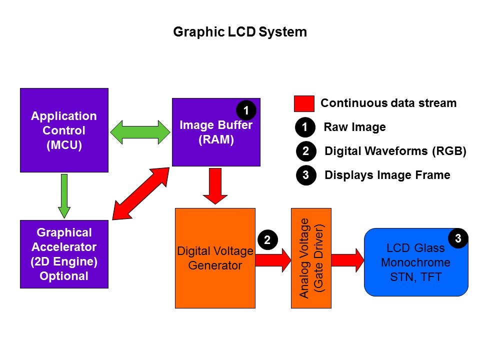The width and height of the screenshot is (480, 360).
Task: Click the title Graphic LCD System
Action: coord(239,32)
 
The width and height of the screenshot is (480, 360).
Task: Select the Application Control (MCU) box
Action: coord(64,130)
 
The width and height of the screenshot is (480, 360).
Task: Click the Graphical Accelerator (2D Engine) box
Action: coord(64,254)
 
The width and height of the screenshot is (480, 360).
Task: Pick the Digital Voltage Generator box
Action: coord(215,258)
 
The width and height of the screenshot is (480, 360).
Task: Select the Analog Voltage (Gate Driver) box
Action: coord(312,258)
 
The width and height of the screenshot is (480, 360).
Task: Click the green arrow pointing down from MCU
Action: coord(64,196)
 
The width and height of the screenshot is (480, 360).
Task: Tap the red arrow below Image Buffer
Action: coord(215,186)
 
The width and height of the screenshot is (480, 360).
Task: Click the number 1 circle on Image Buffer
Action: coord(246,109)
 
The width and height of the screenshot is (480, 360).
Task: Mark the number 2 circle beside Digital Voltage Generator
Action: coord(267,240)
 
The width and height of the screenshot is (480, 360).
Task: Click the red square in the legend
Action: coord(304,104)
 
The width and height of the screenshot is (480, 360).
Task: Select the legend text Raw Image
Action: coord(354,127)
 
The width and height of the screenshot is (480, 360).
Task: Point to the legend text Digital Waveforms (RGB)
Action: coord(395,151)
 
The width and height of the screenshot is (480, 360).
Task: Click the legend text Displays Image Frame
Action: coord(387,175)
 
